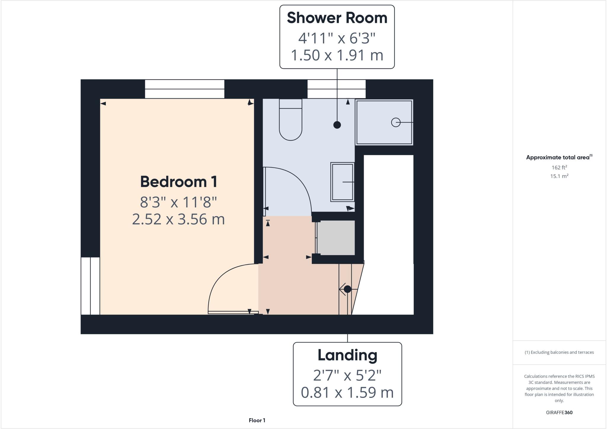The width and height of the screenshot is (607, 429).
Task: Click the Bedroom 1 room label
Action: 178,182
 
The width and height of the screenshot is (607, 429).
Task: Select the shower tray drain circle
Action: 396,122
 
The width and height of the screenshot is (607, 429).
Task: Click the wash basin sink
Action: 342,182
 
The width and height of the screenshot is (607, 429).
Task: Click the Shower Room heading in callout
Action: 337,18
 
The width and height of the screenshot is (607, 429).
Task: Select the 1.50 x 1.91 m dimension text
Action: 337,55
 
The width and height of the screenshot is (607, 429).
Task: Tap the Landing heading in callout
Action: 347,355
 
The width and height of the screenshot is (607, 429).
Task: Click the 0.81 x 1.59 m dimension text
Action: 347,393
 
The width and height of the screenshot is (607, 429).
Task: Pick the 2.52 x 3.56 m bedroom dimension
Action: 178,220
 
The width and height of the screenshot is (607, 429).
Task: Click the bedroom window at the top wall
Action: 184,89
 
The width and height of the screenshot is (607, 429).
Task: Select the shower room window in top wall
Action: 336,89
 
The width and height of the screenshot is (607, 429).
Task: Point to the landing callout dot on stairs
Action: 347,289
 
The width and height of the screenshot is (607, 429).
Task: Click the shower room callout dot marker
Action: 337,125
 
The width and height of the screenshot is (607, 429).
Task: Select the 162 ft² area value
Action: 559,167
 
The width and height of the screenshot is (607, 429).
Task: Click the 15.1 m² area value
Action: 559,176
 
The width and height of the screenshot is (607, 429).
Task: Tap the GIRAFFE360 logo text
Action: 559,412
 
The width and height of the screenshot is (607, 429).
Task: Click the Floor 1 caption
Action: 257,420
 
